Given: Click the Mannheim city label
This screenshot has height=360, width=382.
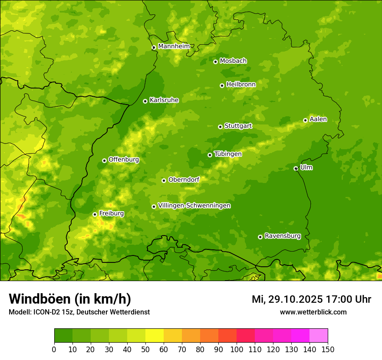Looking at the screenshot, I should point(174,46).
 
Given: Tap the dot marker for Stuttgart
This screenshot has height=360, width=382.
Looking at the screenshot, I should point(220,127).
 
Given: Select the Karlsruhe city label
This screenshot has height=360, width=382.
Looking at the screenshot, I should point(164,100).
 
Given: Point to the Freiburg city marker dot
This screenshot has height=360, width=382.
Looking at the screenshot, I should point(95,214).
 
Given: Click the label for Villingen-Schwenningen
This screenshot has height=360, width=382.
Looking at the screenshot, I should point(194,206).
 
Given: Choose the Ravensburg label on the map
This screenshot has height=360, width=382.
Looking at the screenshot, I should point(283,236).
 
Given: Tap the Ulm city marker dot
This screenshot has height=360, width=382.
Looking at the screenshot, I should point(296,168).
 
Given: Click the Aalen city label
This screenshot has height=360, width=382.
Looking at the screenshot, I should point(318,119).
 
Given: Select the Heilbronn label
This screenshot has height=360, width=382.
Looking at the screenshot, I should point(241,85).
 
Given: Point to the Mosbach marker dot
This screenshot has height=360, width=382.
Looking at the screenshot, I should point(215,62).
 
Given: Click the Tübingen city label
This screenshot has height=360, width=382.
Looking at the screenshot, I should point(228,154).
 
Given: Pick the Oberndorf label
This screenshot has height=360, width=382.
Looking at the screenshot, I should point(184,180).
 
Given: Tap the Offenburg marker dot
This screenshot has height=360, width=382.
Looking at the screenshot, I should point(104,160).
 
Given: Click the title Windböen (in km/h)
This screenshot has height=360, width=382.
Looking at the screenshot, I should point(70,299).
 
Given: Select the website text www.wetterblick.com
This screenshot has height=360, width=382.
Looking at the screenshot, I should point(313,312).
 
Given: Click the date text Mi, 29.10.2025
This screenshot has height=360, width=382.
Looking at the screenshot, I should point(286,299).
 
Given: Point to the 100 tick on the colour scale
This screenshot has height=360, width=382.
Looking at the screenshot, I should point(237,349).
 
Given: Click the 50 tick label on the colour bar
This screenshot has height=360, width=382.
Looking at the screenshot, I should point(145,349).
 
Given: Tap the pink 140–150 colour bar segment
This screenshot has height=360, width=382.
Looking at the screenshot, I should point(319,336).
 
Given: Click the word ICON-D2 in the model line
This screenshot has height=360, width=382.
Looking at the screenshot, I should point(44,312).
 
